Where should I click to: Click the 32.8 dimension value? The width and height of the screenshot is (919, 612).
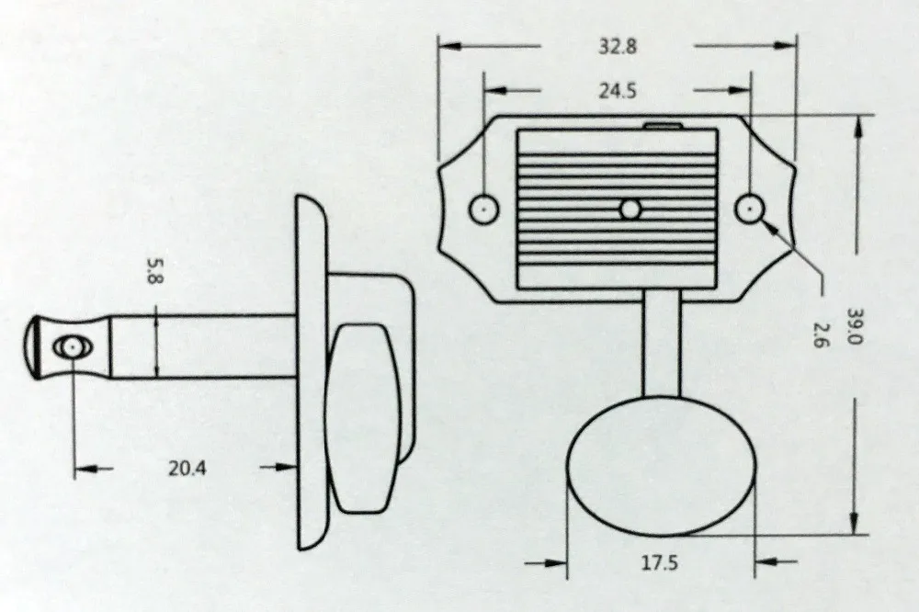[618, 46]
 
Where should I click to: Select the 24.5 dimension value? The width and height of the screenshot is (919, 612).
[618, 92]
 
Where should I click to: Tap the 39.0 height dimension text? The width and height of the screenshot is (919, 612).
[856, 326]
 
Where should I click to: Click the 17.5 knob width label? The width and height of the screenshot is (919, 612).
[659, 563]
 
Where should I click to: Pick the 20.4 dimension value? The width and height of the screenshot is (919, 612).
[187, 469]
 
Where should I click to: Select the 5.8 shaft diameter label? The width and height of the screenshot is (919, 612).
[153, 271]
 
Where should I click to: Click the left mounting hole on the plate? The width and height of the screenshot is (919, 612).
[484, 209]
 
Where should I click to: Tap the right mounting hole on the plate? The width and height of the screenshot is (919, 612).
[750, 209]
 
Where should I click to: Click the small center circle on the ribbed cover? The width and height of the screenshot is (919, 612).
[630, 210]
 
